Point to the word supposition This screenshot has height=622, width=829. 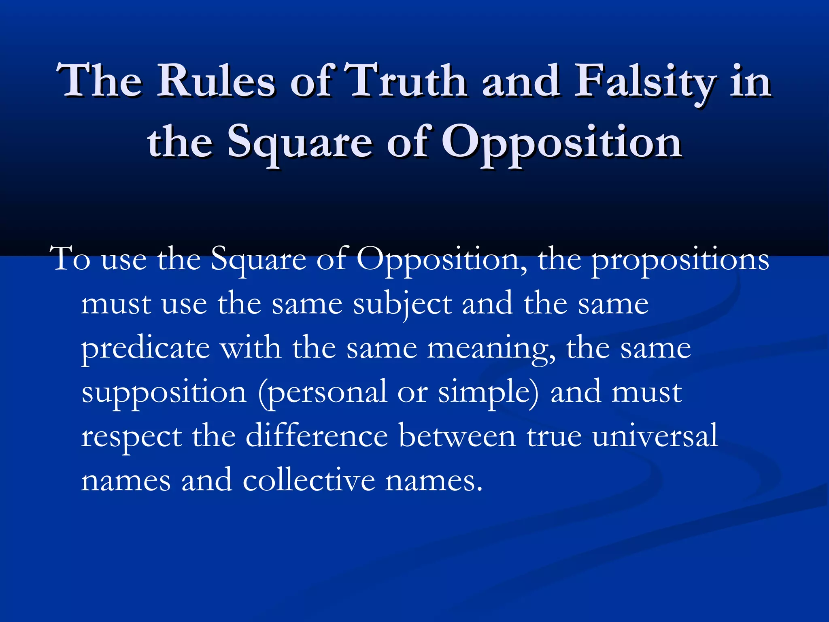coord(164,393)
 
